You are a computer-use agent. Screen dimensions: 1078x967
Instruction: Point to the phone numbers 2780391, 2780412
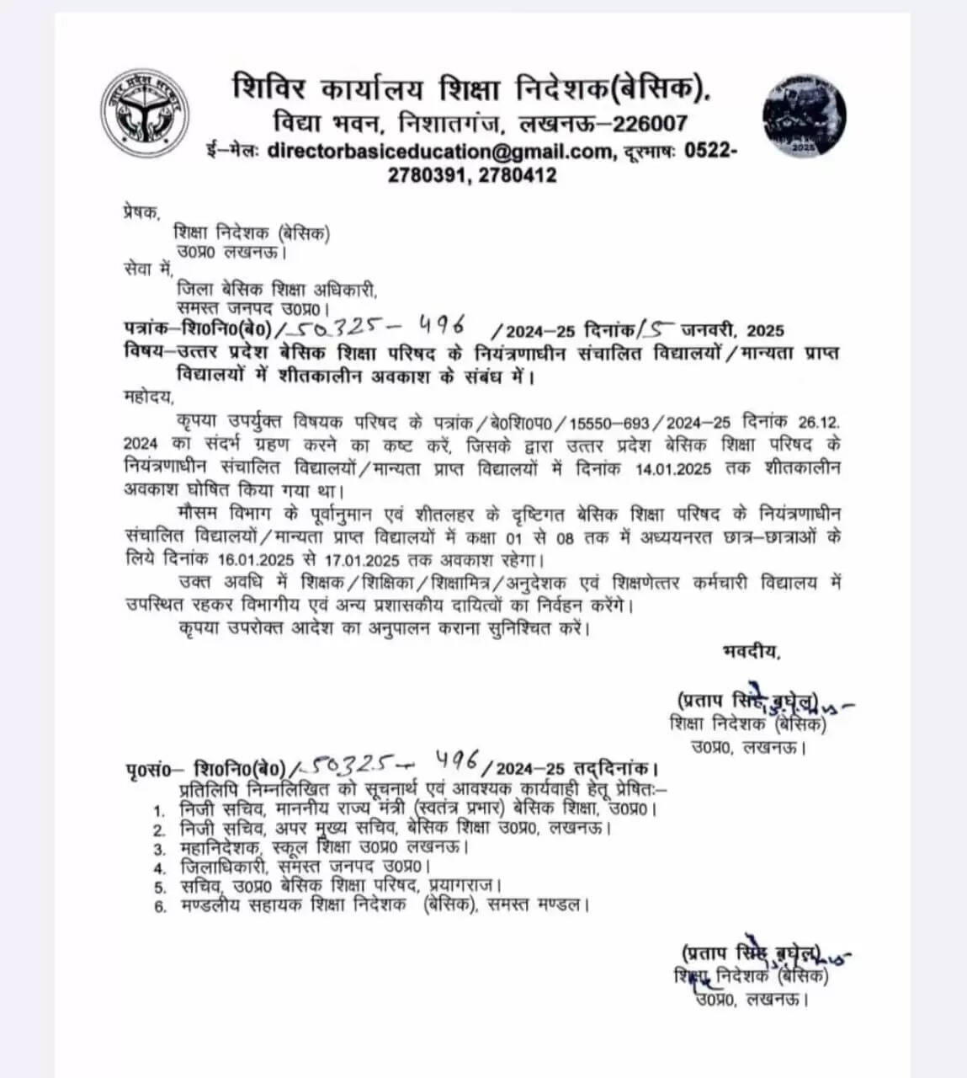(x=471, y=175)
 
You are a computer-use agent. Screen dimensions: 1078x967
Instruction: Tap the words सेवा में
(x=147, y=269)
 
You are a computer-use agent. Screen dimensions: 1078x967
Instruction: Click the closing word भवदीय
(x=750, y=649)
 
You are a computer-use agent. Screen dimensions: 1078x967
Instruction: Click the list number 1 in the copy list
(x=158, y=809)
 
